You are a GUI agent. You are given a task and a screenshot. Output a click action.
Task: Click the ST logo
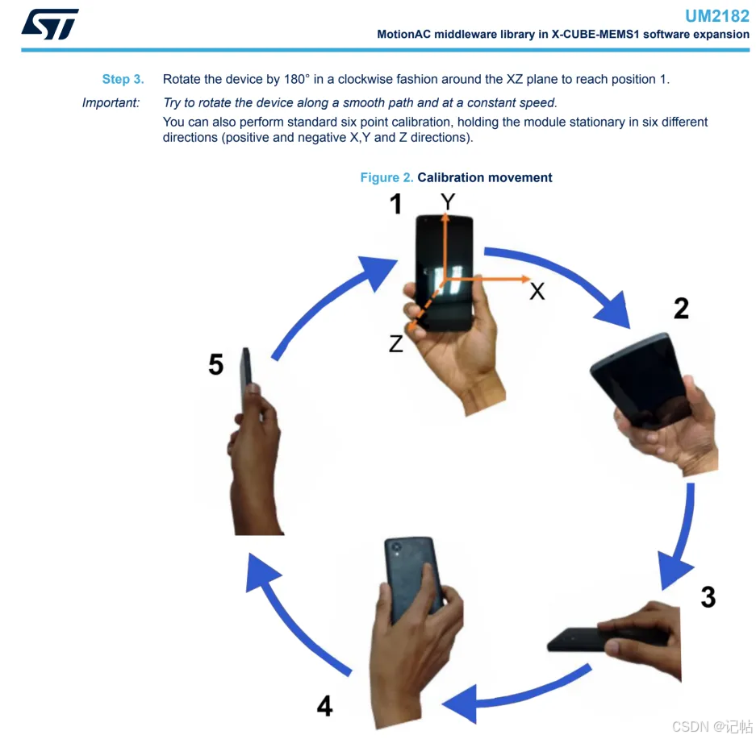[x=50, y=24]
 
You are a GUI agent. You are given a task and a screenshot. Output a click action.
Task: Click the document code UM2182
[x=717, y=16]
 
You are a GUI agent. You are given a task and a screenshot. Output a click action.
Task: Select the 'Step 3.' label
[x=123, y=80]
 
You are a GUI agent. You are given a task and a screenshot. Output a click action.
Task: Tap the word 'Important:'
[x=111, y=102]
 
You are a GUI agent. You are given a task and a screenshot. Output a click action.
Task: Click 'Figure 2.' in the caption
[x=386, y=177]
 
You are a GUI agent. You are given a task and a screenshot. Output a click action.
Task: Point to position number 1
[x=396, y=204]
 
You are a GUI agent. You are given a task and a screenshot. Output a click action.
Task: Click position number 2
[x=681, y=308]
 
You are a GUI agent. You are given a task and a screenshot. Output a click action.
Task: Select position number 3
[x=708, y=597]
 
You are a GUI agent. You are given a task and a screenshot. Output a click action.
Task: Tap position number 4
[x=324, y=706]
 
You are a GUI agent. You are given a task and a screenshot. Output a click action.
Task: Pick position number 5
[x=216, y=364]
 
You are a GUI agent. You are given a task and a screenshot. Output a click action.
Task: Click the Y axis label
[x=448, y=201]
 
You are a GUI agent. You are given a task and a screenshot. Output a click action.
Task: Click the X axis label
[x=537, y=291]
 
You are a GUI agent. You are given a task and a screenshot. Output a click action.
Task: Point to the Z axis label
[x=396, y=344]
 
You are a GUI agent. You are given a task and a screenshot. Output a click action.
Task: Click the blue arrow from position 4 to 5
[x=290, y=621]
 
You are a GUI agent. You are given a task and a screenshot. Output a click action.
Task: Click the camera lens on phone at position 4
[x=396, y=547]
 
